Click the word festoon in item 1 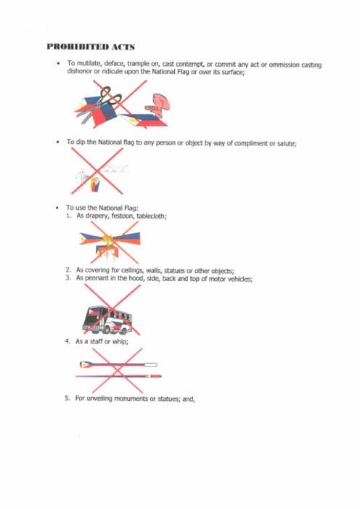point(119,216)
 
